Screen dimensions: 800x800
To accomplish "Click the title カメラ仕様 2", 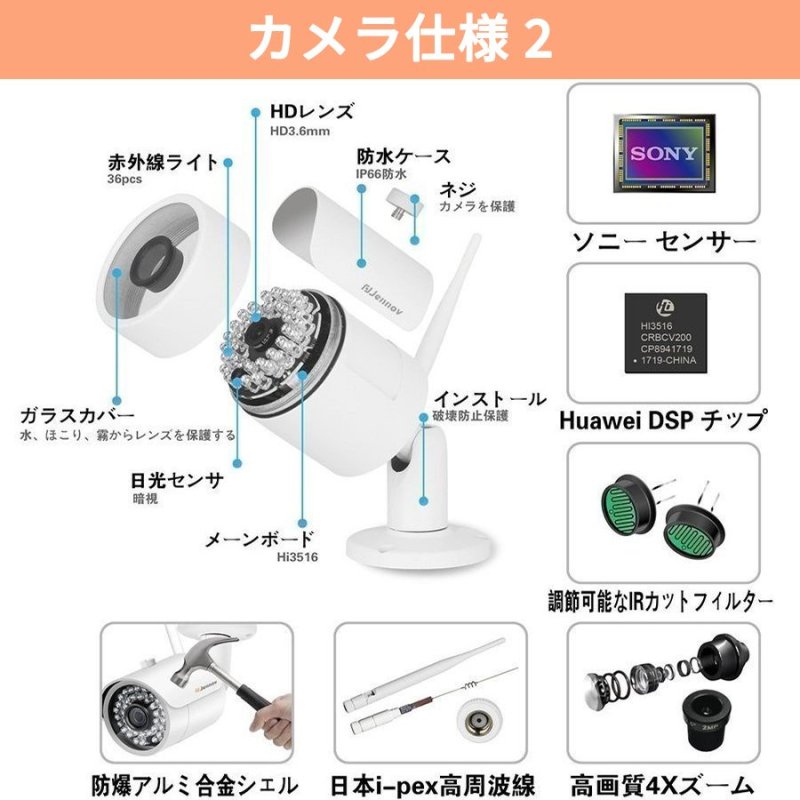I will click(x=399, y=39).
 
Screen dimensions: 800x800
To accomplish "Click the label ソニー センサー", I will click(x=663, y=242).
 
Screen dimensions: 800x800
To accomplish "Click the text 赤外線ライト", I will click(x=163, y=162).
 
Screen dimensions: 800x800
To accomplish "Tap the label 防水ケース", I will click(x=403, y=156).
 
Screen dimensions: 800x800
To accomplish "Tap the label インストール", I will click(x=489, y=398).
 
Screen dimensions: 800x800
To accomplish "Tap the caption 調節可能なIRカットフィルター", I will click(x=661, y=602).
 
